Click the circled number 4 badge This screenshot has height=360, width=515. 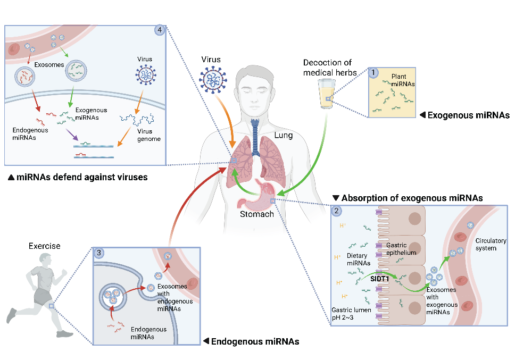click(x=160, y=30)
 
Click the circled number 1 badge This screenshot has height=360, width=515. click(x=373, y=72)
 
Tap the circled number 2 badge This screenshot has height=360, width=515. click(x=336, y=211)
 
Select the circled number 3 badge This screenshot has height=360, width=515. click(x=99, y=253)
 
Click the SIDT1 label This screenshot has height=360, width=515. click(x=379, y=279)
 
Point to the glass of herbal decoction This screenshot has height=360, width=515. click(x=327, y=94)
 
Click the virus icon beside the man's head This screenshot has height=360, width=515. click(x=213, y=80)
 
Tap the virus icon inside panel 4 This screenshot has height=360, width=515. click(x=146, y=74)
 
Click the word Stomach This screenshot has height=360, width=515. click(x=257, y=214)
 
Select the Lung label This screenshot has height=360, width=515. click(x=284, y=135)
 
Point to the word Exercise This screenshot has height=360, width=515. click(x=44, y=246)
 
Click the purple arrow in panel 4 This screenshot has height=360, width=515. click(x=72, y=134)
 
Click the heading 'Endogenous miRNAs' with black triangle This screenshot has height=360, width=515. click(x=251, y=341)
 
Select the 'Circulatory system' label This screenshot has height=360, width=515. click(x=491, y=245)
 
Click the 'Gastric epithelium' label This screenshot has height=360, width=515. click(x=401, y=249)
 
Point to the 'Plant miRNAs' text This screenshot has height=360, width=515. click(x=403, y=80)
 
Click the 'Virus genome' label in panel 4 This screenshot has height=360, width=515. click(x=149, y=135)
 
